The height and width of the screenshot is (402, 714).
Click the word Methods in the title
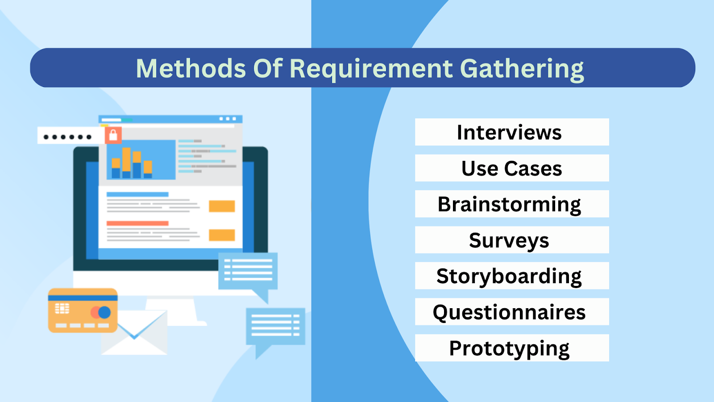tap(191, 69)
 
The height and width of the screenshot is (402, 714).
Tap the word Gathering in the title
tap(522, 69)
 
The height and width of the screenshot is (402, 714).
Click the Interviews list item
tap(511, 132)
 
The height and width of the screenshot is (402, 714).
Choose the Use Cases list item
tap(511, 168)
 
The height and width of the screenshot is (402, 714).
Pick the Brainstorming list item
tap(511, 204)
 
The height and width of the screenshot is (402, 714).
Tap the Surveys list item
tap(511, 240)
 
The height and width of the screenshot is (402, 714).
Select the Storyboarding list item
tap(511, 276)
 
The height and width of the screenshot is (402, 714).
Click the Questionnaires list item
tap(511, 312)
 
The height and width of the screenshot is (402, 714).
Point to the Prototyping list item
tap(511, 348)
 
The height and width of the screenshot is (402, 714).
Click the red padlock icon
tap(113, 135)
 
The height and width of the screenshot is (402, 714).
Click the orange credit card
tap(83, 310)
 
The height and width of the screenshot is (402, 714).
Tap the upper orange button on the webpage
tap(222, 206)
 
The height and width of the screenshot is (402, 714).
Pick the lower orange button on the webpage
tap(222, 235)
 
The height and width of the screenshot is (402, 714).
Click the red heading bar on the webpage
tap(137, 223)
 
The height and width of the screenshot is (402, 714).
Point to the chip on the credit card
tap(62, 308)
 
